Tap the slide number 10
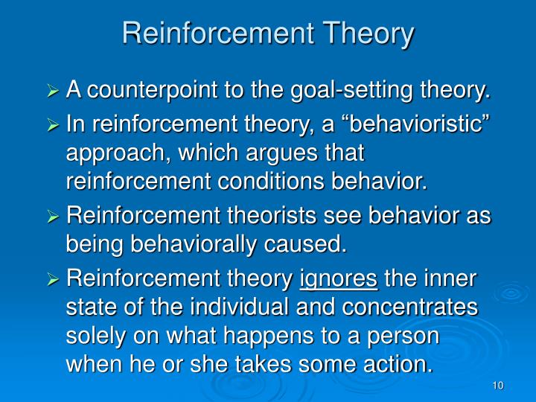(498, 385)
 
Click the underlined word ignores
(339, 279)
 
